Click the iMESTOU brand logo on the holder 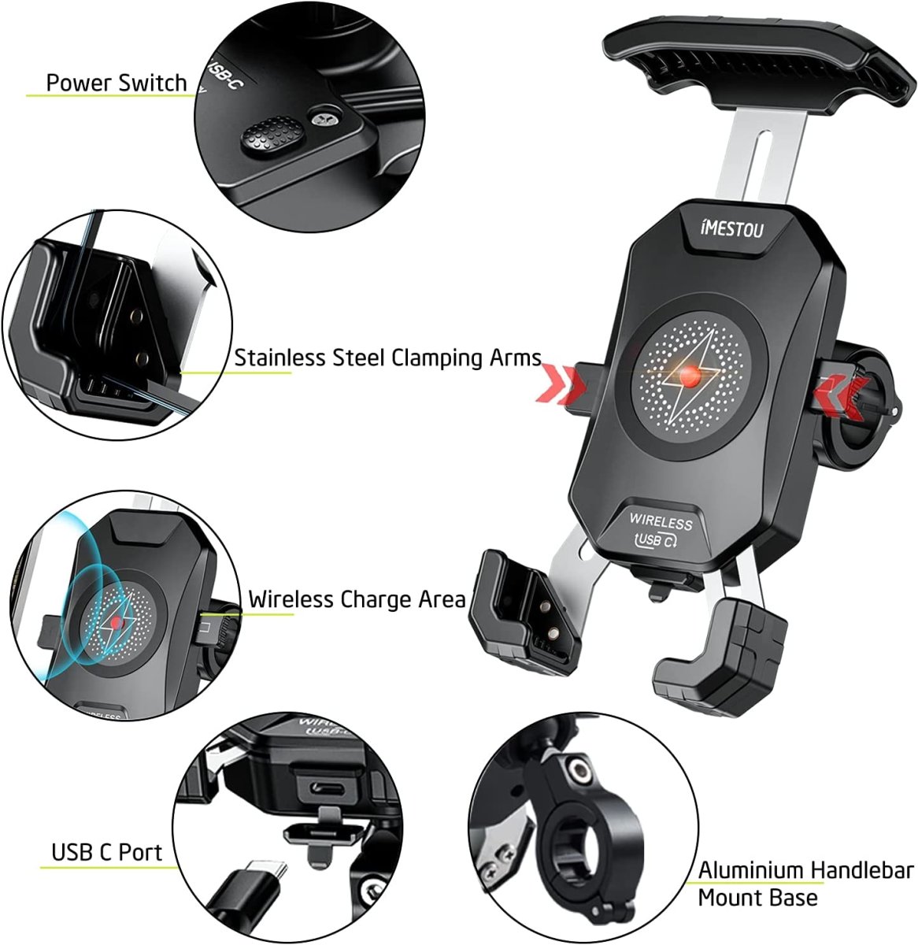pos(731,228)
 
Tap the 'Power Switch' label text pos(117,83)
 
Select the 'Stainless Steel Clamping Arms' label pos(387,358)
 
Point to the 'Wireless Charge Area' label pos(357,599)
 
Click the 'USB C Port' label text pos(107,852)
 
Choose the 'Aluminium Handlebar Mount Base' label pos(805,884)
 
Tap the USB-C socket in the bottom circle pos(328,787)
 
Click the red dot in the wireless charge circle pos(116,623)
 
